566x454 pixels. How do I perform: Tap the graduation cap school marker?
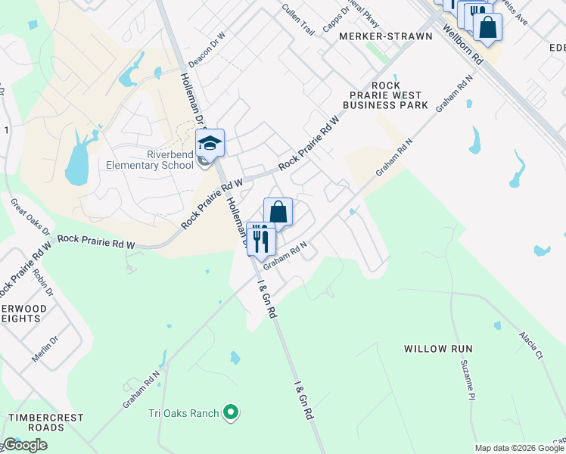(x=210, y=142)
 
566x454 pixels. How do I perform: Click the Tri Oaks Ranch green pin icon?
(x=232, y=413)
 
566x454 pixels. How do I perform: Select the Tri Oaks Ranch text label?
(x=183, y=413)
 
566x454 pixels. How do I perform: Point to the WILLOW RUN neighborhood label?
(x=438, y=349)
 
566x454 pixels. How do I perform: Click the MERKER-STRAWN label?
(x=386, y=36)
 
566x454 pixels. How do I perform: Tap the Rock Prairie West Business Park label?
(x=385, y=95)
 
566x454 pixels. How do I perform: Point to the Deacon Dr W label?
(x=207, y=48)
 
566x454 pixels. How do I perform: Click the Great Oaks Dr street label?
(x=30, y=216)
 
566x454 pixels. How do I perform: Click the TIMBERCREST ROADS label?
(x=36, y=422)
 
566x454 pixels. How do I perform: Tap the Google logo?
(x=24, y=445)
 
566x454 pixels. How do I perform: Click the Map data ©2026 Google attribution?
(x=518, y=448)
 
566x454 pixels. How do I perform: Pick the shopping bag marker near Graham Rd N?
(x=278, y=213)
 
